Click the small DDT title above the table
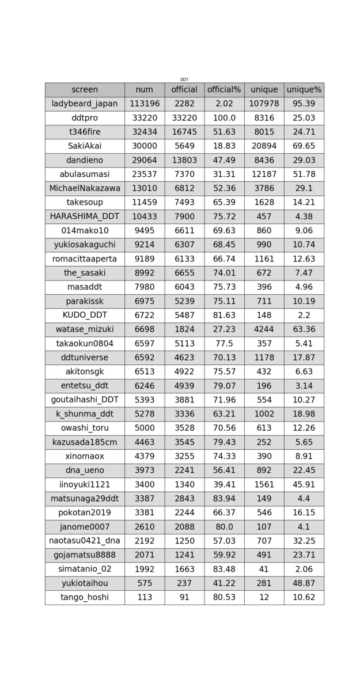click(184, 79)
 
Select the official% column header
click(224, 90)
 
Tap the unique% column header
click(304, 90)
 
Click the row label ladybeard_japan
click(85, 104)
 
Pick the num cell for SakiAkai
click(145, 146)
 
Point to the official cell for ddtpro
click(184, 118)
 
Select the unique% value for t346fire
click(304, 132)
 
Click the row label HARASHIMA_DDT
click(85, 217)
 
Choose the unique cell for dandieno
click(264, 160)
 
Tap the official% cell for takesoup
click(224, 203)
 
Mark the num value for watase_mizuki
click(145, 329)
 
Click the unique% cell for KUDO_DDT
click(304, 315)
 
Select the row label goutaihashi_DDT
click(85, 400)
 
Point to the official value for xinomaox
click(184, 456)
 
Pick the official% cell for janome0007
click(224, 527)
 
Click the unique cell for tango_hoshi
click(264, 597)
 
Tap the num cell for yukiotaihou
click(145, 583)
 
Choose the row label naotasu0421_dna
click(85, 541)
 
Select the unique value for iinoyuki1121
click(264, 484)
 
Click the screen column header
click(85, 90)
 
